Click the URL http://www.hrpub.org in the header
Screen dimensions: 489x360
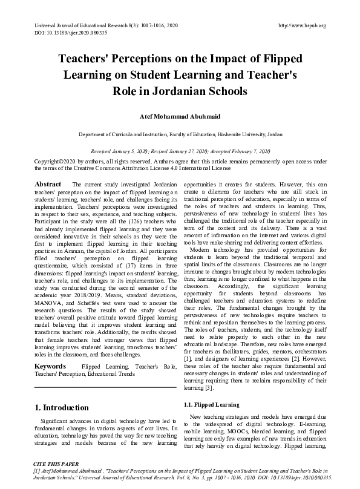[x=302, y=25]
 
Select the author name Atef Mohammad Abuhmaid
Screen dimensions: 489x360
[x=180, y=116]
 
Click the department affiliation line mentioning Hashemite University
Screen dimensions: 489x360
[x=180, y=134]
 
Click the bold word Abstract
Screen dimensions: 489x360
[x=48, y=183]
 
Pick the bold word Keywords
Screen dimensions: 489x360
[x=50, y=367]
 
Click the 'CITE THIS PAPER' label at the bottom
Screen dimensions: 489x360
[x=56, y=462]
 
